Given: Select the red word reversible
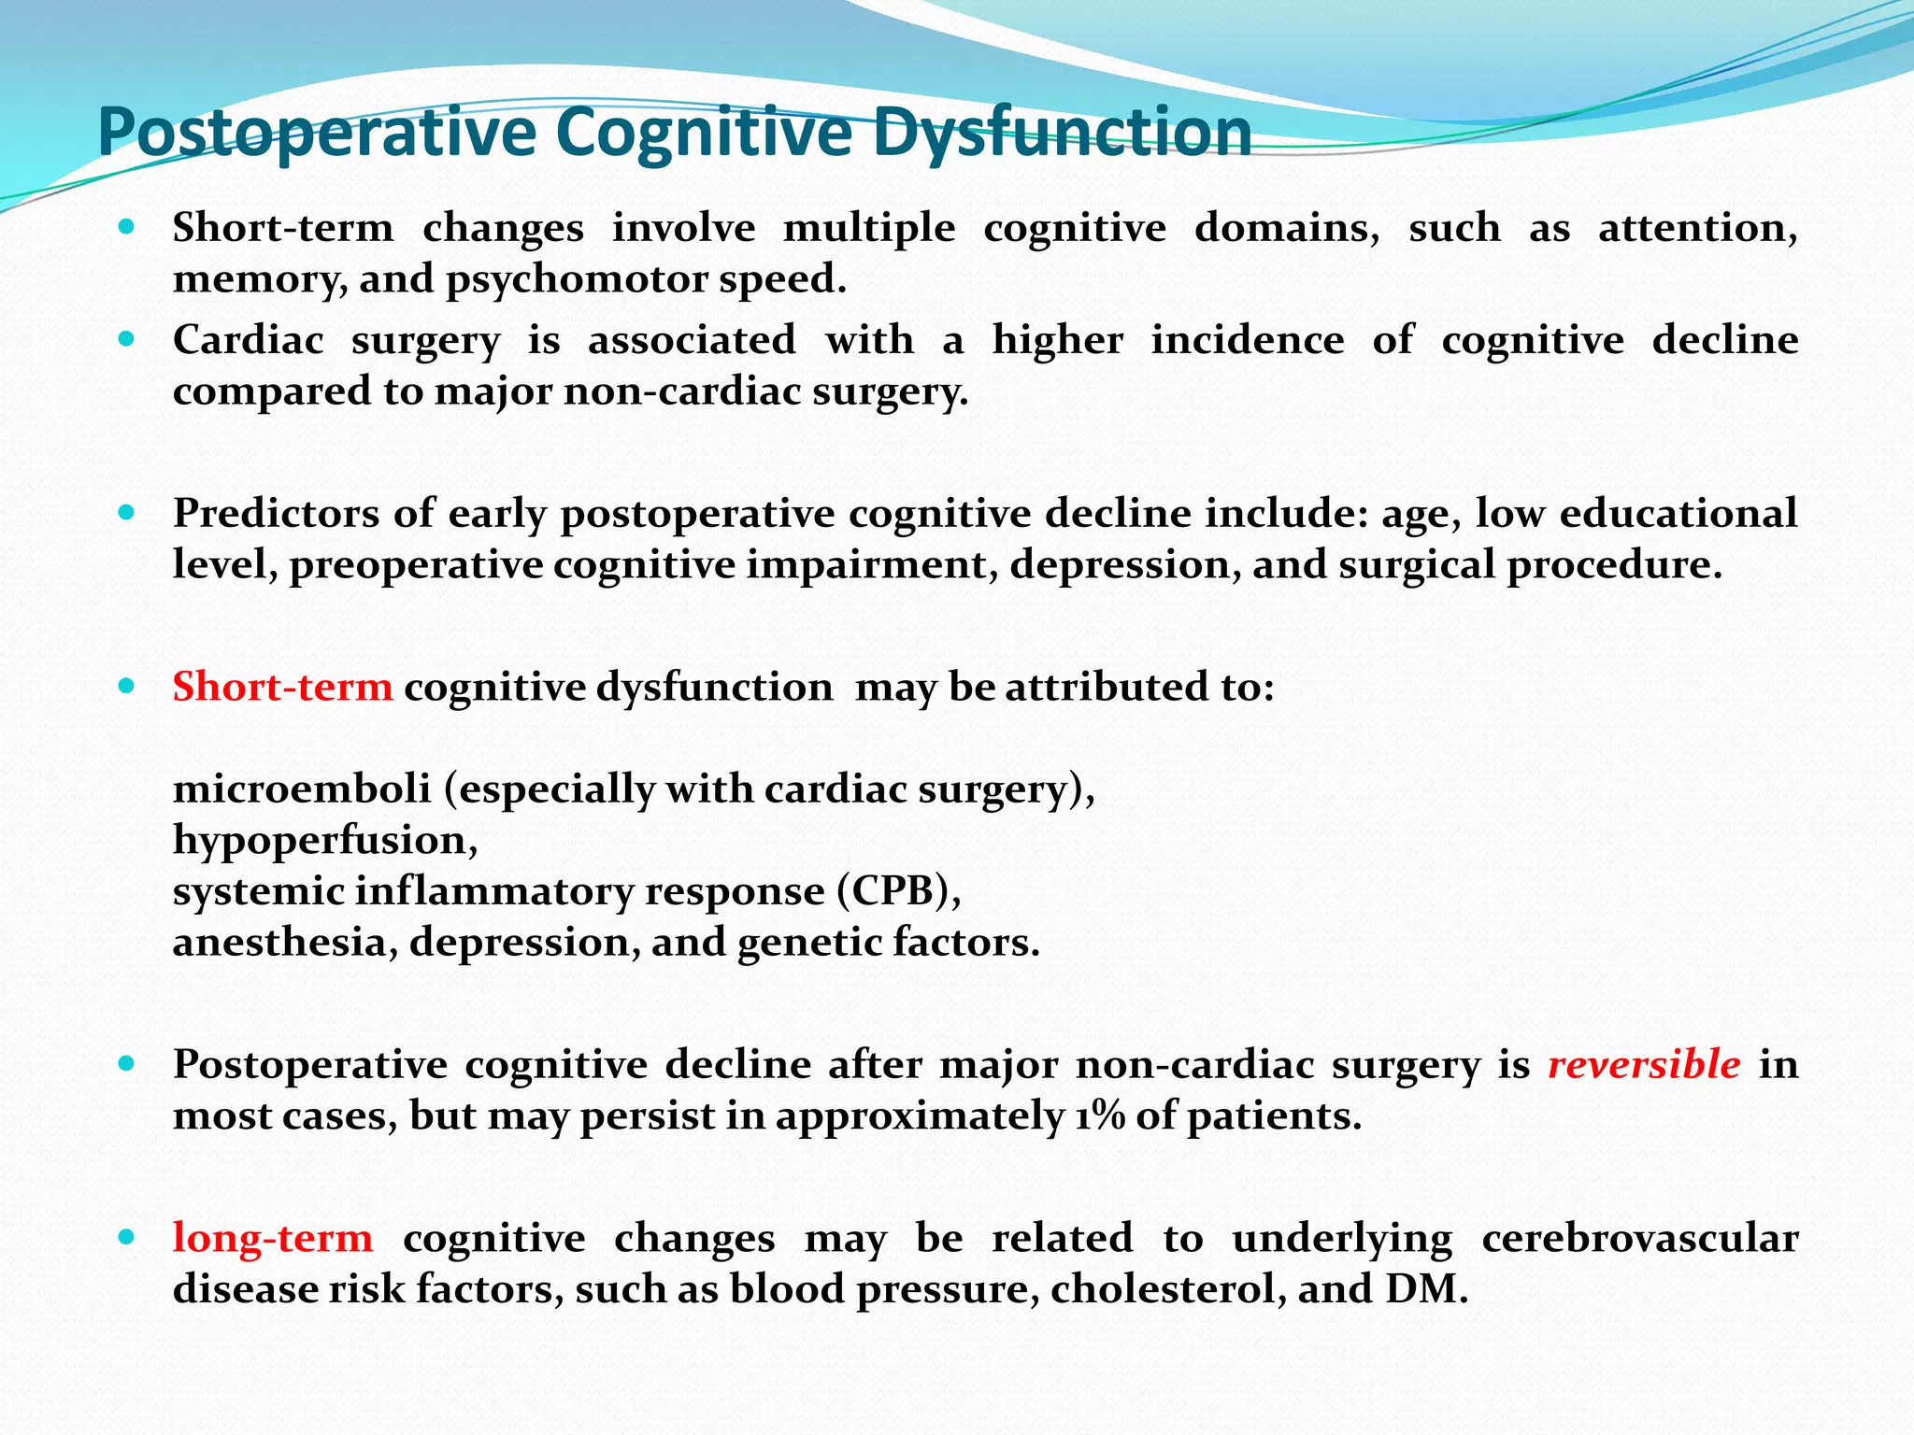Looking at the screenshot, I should coord(1644,1065).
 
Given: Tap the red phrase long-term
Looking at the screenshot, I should coord(273,1238).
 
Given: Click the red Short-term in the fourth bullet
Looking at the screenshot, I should coord(282,687).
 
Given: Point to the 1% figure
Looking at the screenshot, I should coord(1099,1116).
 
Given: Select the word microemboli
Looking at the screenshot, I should coord(302,789).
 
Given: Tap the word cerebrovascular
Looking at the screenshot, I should coord(1639,1238).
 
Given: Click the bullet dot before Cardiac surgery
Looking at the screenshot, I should coord(127,338).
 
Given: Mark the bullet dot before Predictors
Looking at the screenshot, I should coord(127,512).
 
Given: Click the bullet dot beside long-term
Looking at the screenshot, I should coord(127,1237).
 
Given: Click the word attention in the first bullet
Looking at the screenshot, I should coord(1695,228).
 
